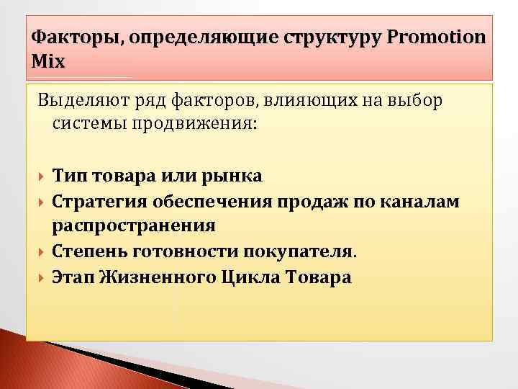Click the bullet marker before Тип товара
click(41, 176)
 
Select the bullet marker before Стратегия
click(41, 201)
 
